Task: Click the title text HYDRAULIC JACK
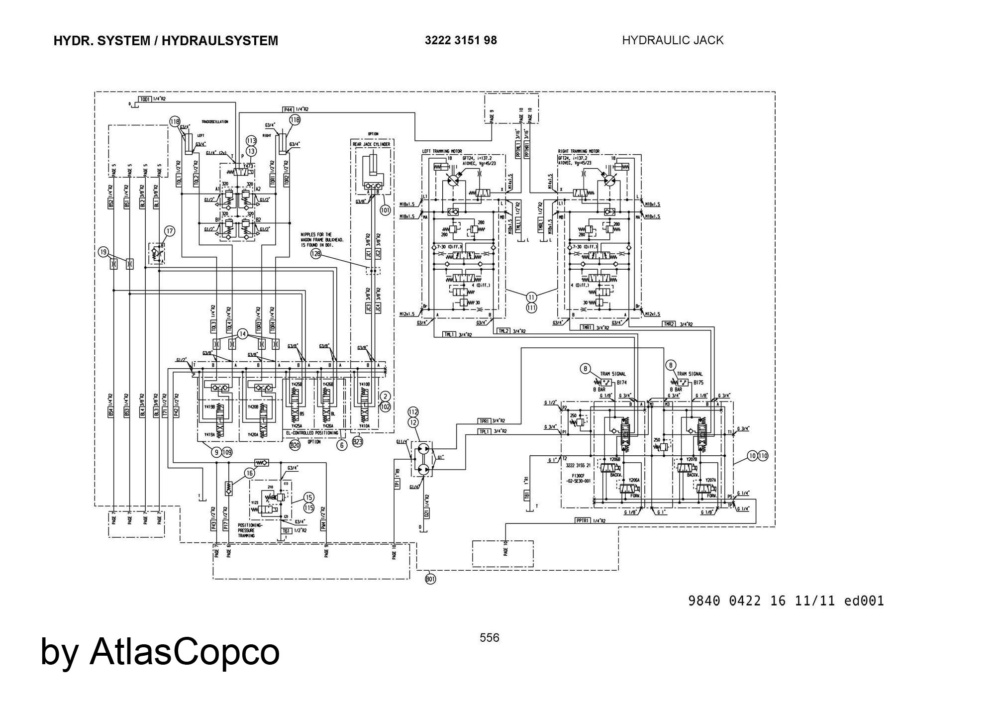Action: (x=673, y=40)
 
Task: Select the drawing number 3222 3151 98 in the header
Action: (x=461, y=40)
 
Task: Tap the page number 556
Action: (x=490, y=637)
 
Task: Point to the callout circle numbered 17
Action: (x=170, y=231)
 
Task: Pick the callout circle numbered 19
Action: (x=103, y=252)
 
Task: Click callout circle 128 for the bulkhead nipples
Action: (x=316, y=254)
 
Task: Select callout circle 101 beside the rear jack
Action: (x=385, y=210)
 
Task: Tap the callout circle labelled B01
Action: (x=431, y=579)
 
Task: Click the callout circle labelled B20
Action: (x=295, y=445)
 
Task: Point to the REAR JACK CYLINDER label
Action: (x=371, y=144)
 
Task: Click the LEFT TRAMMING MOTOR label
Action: (x=442, y=151)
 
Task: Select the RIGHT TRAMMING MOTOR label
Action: (x=579, y=151)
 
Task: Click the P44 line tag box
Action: (x=288, y=109)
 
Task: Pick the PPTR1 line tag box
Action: (x=583, y=520)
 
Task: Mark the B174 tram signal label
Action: (x=622, y=383)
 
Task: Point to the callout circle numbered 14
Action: (x=242, y=334)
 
